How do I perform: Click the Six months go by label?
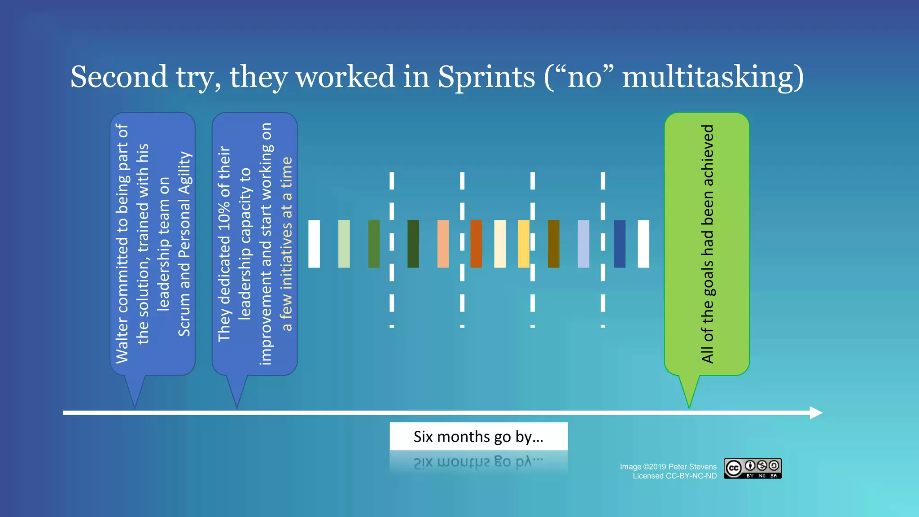pos(478,436)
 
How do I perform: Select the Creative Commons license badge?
pos(753,469)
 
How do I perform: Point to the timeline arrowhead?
pos(816,412)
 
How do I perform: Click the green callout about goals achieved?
pos(707,244)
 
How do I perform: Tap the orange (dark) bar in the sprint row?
pos(476,244)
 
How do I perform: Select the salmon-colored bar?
pos(443,244)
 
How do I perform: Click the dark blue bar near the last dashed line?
pos(620,244)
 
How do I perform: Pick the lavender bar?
pos(583,244)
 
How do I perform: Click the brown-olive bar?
pos(554,244)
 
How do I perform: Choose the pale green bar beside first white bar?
pos(344,244)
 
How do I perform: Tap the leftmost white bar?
pos(314,244)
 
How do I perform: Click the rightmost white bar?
pos(643,244)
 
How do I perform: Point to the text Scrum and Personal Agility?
pos(184,244)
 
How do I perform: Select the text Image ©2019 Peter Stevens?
pos(668,467)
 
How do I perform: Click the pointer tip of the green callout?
pos(689,406)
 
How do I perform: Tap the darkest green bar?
pos(413,244)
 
